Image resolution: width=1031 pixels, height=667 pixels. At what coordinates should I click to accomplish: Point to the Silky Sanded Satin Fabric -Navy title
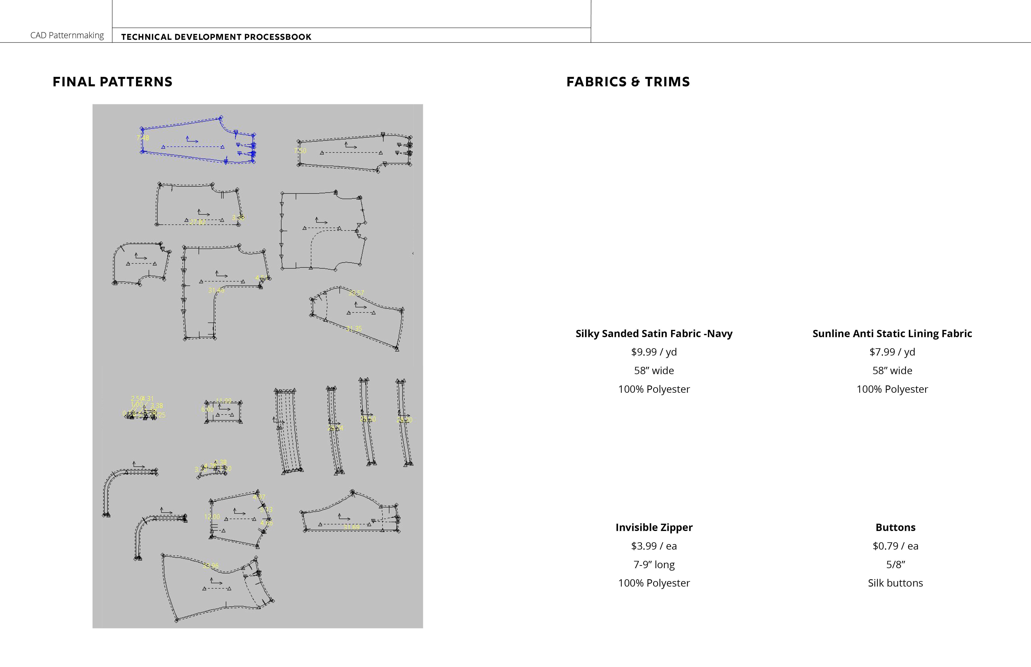(654, 333)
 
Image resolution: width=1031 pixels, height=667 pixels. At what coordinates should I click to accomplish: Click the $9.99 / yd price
(654, 352)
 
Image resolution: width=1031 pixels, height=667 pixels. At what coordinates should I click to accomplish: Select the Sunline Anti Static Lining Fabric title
(892, 333)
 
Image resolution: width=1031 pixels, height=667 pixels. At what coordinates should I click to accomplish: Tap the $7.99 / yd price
(892, 352)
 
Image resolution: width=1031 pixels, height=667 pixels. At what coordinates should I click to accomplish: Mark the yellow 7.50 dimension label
(300, 151)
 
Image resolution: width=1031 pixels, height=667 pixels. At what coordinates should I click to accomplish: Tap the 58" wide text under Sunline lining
(892, 371)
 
